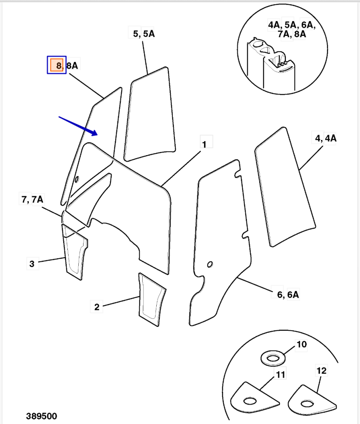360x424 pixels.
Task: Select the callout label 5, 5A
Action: click(144, 34)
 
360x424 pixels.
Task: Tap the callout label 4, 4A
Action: click(325, 138)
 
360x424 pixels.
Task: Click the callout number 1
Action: click(204, 144)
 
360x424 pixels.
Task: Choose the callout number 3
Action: click(32, 264)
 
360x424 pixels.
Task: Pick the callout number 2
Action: click(97, 307)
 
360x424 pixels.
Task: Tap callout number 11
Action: click(280, 374)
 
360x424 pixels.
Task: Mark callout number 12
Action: click(321, 371)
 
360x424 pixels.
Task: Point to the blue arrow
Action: click(78, 126)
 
